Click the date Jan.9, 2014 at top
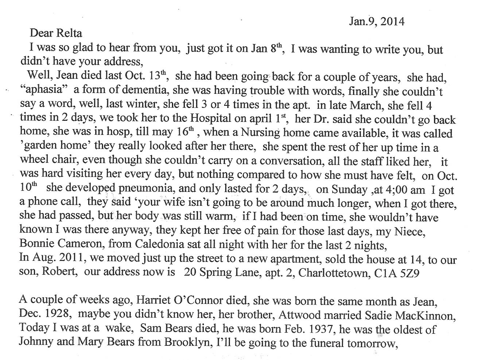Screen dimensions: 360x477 coord(376,22)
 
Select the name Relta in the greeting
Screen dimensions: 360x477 coord(69,33)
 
